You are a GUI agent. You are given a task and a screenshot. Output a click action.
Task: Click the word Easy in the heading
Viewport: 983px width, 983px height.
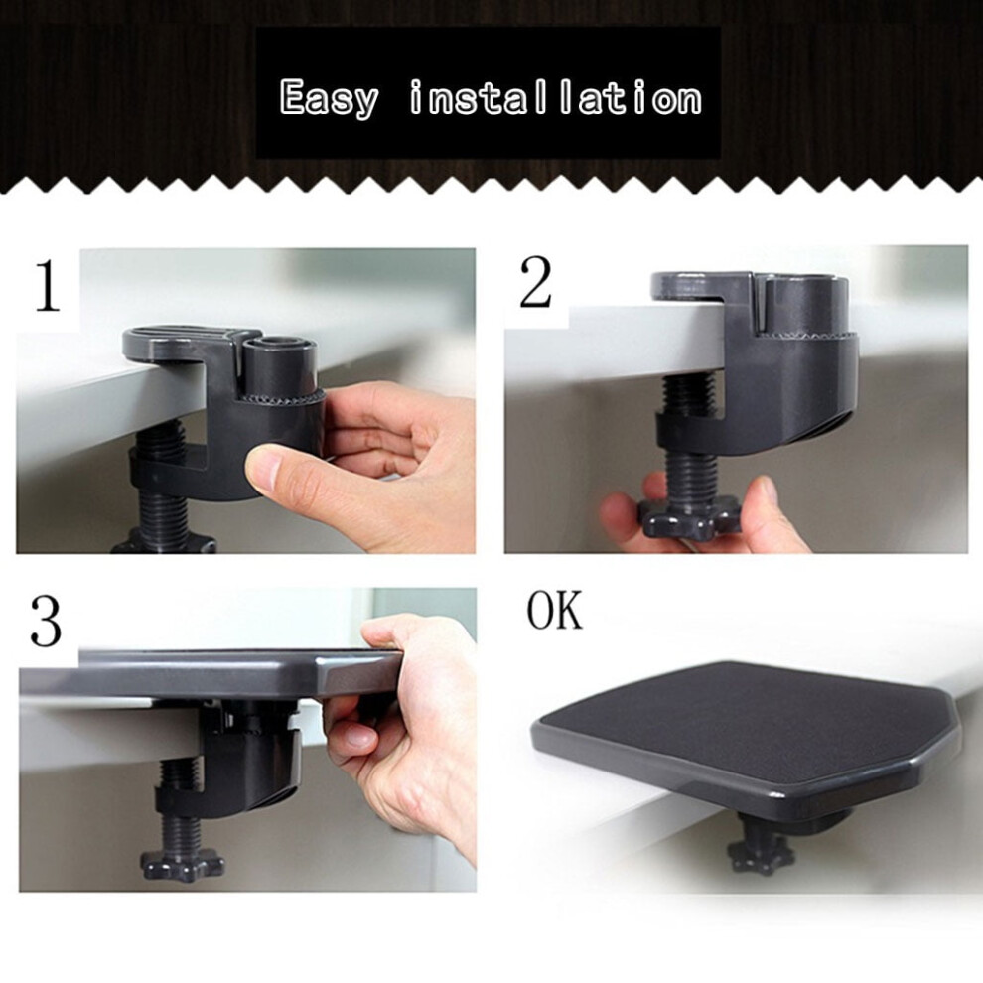point(330,99)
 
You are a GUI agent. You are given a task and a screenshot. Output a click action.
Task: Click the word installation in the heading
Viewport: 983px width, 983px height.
point(555,98)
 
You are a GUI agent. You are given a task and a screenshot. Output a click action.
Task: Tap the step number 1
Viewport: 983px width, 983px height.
point(48,287)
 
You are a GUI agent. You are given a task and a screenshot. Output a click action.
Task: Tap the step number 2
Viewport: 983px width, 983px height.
point(535,282)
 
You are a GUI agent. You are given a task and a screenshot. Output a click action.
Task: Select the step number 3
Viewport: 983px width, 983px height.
point(47,621)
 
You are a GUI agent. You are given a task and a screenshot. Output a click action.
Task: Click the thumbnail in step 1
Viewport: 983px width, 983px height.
point(266,472)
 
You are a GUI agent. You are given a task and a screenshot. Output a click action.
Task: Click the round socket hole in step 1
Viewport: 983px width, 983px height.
point(277,343)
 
